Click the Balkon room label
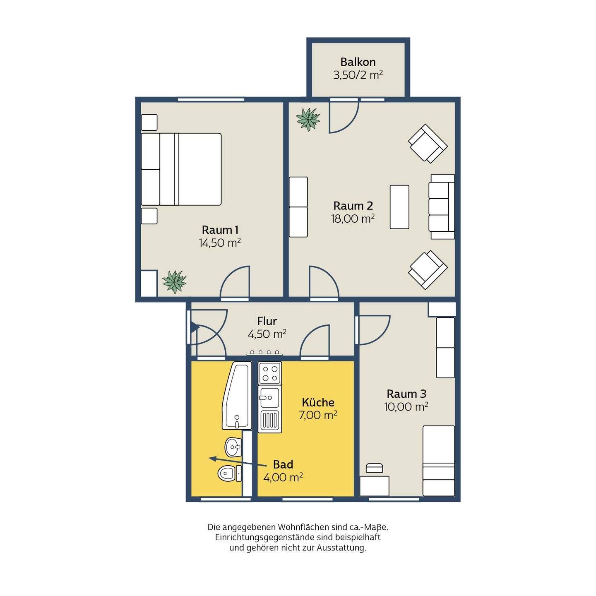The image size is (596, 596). point(358,62)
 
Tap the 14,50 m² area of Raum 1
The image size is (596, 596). point(220,243)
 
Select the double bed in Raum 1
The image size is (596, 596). point(181,169)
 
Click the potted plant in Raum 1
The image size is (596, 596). point(174,281)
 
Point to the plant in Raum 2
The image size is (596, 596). point(308,119)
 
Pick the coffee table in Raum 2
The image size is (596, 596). point(399,207)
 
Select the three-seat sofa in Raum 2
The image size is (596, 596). point(441,207)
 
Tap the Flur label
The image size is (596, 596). point(267,321)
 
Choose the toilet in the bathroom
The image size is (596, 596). point(229,473)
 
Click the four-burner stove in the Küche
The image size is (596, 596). point(270,373)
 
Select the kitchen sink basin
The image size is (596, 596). point(270,398)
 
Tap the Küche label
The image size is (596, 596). point(318,402)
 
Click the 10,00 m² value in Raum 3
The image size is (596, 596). point(406,407)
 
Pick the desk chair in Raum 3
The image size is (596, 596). point(374,468)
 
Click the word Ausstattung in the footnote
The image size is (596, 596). point(341,548)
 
